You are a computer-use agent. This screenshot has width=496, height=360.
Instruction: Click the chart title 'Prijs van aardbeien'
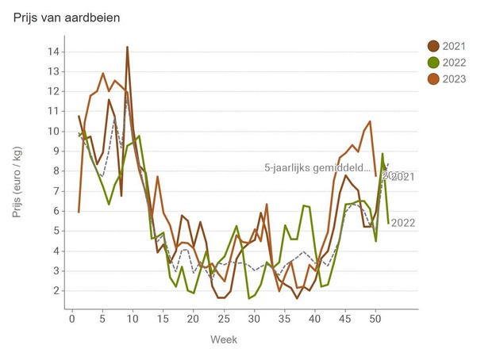pyautogui.click(x=67, y=17)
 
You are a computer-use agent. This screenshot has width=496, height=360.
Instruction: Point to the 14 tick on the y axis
pyautogui.click(x=54, y=52)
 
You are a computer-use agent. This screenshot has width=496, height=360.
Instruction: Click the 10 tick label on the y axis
pyautogui.click(x=54, y=131)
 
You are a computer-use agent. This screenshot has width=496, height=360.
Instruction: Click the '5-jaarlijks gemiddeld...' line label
pyautogui.click(x=318, y=168)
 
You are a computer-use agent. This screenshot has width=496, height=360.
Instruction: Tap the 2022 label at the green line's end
pyautogui.click(x=403, y=223)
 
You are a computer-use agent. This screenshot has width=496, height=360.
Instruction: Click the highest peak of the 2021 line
pyautogui.click(x=127, y=47)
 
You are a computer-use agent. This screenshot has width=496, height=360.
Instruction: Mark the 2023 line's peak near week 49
pyautogui.click(x=370, y=121)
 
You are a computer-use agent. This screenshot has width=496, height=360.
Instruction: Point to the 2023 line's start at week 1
pyautogui.click(x=79, y=212)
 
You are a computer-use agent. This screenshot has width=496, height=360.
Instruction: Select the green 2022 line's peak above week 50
pyautogui.click(x=383, y=154)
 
